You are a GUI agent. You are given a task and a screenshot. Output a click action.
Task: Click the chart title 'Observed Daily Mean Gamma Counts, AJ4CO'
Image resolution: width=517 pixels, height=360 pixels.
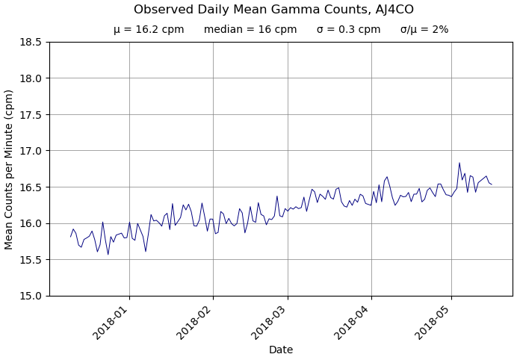coord(273,10)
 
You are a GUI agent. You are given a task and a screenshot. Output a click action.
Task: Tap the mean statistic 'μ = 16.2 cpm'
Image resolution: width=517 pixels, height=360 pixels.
coord(149,30)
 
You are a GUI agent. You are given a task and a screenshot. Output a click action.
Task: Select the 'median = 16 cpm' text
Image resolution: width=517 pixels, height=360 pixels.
coord(250,30)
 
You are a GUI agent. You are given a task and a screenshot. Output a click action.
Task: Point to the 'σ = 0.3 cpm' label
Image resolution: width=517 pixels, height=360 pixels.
coord(348,30)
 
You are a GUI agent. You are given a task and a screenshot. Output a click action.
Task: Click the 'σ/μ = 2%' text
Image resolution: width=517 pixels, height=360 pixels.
coord(424,30)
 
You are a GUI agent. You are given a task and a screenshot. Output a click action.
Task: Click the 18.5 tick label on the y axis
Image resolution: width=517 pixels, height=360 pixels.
coord(30,42)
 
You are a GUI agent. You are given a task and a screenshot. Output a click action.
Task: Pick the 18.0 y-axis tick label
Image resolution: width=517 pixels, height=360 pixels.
coord(30,78)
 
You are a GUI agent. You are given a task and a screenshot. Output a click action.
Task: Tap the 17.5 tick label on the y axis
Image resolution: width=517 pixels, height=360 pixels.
coord(30,114)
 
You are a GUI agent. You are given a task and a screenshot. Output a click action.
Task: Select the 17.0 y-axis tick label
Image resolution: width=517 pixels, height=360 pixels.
coord(30,151)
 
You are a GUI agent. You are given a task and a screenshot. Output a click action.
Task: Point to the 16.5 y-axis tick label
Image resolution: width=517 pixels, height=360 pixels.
coord(30,187)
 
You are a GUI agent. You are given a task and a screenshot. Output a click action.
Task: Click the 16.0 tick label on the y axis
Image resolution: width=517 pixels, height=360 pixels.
coord(30,223)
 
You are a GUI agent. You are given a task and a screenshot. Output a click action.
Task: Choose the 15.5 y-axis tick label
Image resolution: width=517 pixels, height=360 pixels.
coord(30,260)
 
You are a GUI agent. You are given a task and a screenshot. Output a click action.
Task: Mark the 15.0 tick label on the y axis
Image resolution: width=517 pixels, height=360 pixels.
coord(30,296)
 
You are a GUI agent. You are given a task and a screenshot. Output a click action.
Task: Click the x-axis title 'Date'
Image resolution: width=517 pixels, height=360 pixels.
coord(281,350)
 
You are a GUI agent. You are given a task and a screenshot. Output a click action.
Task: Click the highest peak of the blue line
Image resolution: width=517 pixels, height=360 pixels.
coord(459,163)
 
